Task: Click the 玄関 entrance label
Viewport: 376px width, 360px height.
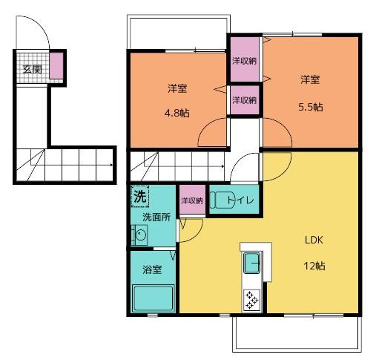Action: click(x=31, y=70)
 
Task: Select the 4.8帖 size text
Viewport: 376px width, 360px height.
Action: click(x=177, y=114)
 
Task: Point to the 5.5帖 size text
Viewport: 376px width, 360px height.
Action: click(x=310, y=106)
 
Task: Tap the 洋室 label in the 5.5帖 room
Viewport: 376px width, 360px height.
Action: click(x=310, y=79)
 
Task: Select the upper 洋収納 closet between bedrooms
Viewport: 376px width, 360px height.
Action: click(x=244, y=60)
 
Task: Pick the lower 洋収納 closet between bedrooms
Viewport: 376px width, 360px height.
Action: click(x=244, y=99)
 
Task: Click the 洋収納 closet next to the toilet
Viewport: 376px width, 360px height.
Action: click(x=192, y=200)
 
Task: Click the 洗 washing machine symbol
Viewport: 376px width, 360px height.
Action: click(x=139, y=197)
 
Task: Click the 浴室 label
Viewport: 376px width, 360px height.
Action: click(x=153, y=269)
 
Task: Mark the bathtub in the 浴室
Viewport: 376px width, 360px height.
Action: click(x=153, y=301)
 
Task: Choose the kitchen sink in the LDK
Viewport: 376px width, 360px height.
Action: click(x=251, y=263)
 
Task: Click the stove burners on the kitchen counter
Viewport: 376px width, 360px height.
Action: click(x=251, y=299)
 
